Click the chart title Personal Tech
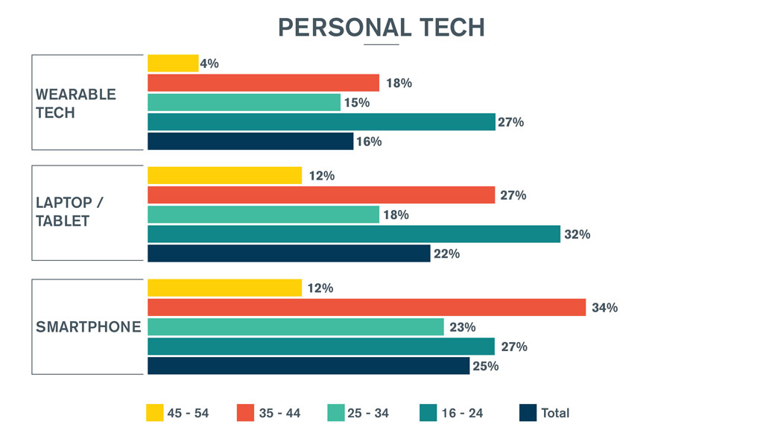[381, 27]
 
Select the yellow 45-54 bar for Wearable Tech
[173, 63]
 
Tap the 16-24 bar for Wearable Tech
[321, 121]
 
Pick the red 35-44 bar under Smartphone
[367, 307]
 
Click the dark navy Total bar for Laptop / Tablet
[289, 253]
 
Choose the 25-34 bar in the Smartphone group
[296, 326]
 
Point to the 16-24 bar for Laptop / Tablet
[354, 234]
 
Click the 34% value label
[604, 308]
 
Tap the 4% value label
[209, 64]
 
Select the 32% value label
[577, 235]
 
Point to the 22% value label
[447, 254]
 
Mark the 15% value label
[357, 103]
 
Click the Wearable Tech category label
[76, 104]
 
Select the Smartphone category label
[89, 326]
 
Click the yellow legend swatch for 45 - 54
[155, 413]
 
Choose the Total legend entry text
[555, 413]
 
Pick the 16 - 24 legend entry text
[463, 413]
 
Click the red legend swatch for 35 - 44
[246, 413]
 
